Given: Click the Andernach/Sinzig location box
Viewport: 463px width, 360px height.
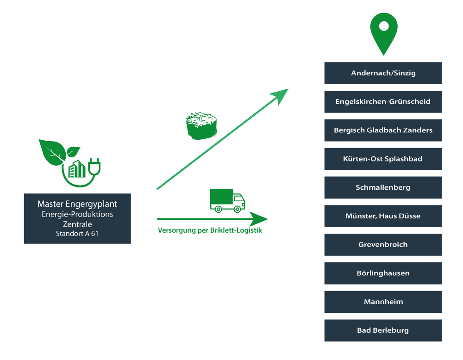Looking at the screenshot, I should [x=383, y=73].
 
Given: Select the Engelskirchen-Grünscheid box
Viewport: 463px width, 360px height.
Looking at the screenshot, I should [x=383, y=102].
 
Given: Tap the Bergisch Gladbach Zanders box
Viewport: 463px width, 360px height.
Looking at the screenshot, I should [x=383, y=130].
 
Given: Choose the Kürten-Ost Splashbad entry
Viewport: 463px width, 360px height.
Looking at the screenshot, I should [x=383, y=159].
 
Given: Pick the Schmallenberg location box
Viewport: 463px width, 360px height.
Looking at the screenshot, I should [x=383, y=188].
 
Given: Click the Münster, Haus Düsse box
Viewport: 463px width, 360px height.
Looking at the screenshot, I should [x=383, y=216].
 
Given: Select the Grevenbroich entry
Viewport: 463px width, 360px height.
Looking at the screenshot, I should [x=383, y=245].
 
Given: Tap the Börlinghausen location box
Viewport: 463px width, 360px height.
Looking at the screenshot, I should [x=383, y=273].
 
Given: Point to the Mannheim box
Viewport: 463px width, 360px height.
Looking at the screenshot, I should [x=383, y=302].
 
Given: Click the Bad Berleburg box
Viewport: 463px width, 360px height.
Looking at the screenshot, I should [x=383, y=331].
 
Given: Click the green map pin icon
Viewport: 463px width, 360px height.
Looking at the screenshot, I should [x=384, y=32].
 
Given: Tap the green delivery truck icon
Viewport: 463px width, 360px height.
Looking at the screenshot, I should [x=227, y=200].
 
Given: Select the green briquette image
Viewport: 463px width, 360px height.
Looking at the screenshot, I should [x=202, y=126].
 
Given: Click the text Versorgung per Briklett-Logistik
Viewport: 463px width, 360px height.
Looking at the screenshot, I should [x=210, y=230].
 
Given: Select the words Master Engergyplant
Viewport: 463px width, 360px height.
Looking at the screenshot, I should [x=77, y=204].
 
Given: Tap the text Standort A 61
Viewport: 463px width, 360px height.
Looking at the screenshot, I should [x=77, y=234].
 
